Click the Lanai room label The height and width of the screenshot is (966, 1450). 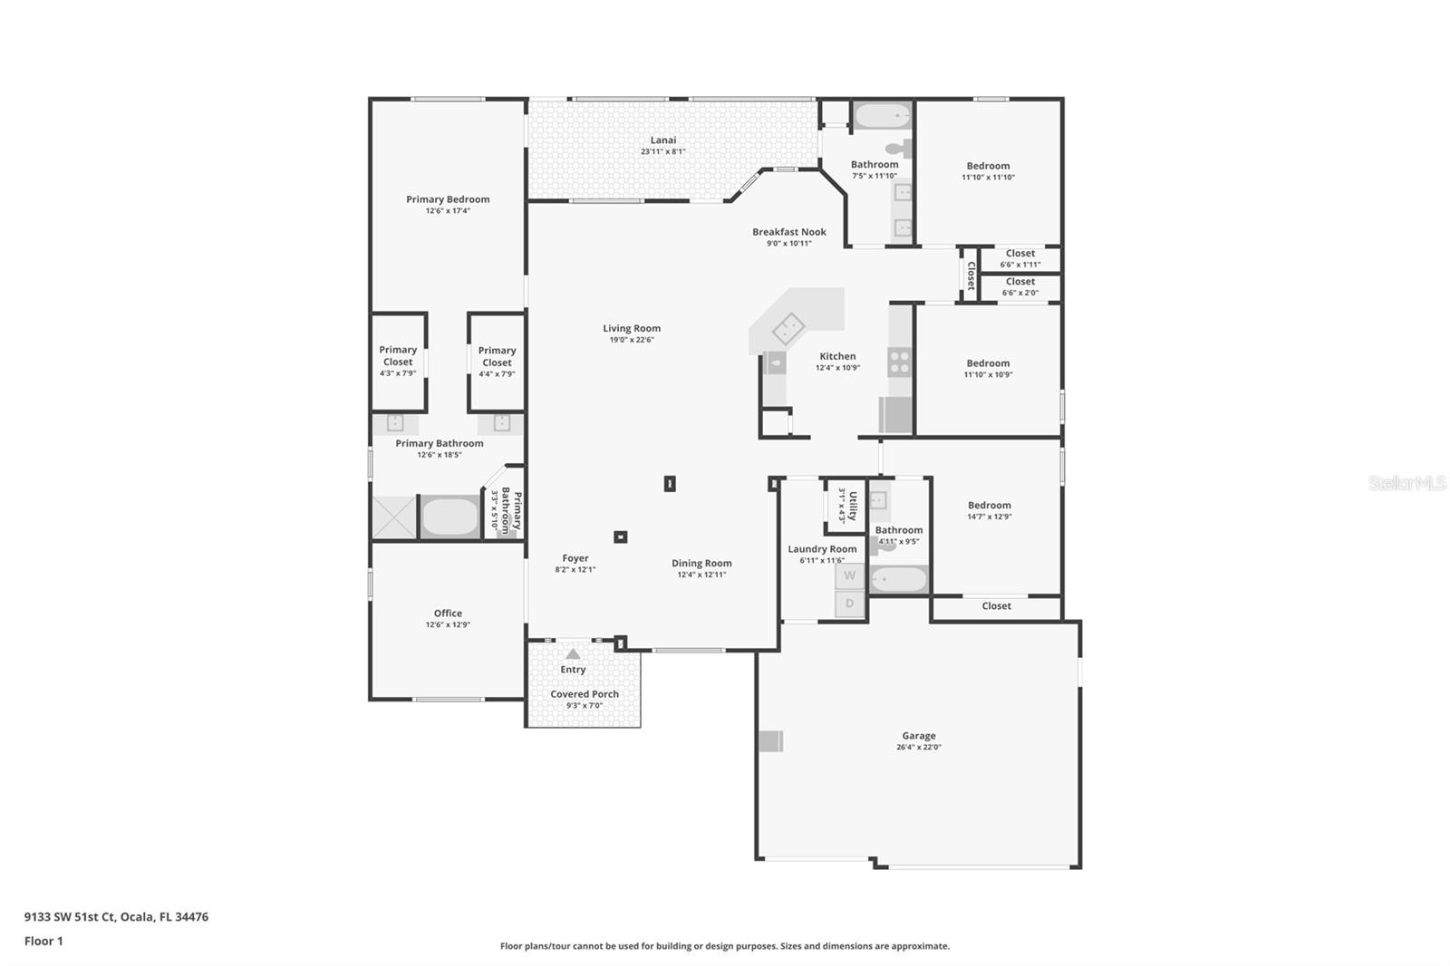coord(662,140)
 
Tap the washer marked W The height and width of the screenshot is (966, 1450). coord(849,575)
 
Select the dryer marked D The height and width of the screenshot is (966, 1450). coord(849,604)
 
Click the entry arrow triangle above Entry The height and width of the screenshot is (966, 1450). coord(573,653)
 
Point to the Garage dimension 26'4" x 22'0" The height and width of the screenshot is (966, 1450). coord(919,748)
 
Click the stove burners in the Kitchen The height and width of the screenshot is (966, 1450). coord(899,362)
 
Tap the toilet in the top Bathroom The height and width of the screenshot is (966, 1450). coord(896,149)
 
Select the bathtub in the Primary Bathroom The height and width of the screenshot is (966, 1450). coord(450,517)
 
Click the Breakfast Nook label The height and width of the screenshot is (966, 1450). coord(788,232)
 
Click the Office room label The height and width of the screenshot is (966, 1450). coord(448,613)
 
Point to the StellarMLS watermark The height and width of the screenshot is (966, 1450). coord(1406,483)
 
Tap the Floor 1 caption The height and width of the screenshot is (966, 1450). coord(43,941)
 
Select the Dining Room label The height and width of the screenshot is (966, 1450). coord(701,564)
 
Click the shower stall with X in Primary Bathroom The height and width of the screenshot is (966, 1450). coord(394,517)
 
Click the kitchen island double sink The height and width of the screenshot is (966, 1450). coord(788,326)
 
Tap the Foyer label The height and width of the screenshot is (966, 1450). coord(575,559)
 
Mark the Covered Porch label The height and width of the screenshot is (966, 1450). coord(585,694)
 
